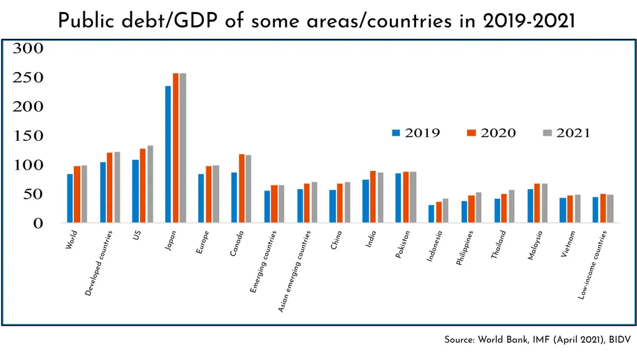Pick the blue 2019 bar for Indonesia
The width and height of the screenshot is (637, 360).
coord(431,214)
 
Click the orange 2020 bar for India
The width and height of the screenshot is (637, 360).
coord(373,197)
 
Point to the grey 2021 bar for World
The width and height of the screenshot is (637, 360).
coord(84,194)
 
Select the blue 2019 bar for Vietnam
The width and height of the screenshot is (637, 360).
coord(563,210)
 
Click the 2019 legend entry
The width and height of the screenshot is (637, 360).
coord(415,133)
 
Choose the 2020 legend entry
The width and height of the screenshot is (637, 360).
coord(491,133)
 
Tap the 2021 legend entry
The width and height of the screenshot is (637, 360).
coord(566,133)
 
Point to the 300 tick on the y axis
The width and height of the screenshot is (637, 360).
coord(28,48)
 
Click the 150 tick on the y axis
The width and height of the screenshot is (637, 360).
coord(28,136)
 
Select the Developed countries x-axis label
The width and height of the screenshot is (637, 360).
coord(99,262)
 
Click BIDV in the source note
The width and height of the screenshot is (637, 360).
coord(618,341)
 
